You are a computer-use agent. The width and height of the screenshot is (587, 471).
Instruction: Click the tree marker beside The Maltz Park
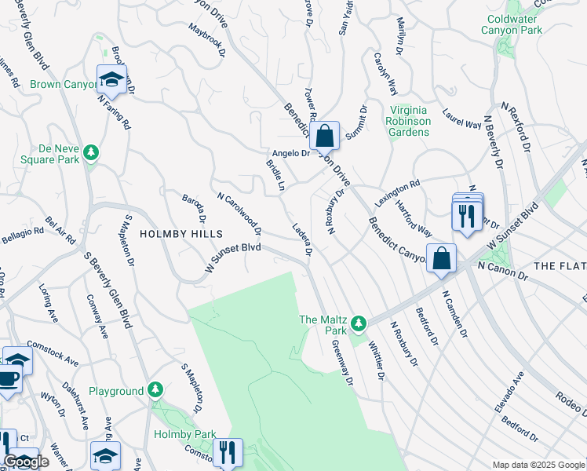point(359,323)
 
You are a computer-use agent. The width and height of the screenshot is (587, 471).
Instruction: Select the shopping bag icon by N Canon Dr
point(442,257)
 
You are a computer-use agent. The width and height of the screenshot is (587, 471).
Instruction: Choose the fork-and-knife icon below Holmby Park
point(227,451)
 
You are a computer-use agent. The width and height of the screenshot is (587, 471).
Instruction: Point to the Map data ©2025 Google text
point(538,465)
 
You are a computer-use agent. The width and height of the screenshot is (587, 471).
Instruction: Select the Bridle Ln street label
point(275,175)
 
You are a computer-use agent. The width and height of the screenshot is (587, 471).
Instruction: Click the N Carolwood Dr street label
point(239,214)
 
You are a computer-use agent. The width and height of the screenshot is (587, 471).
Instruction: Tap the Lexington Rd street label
point(397,193)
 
